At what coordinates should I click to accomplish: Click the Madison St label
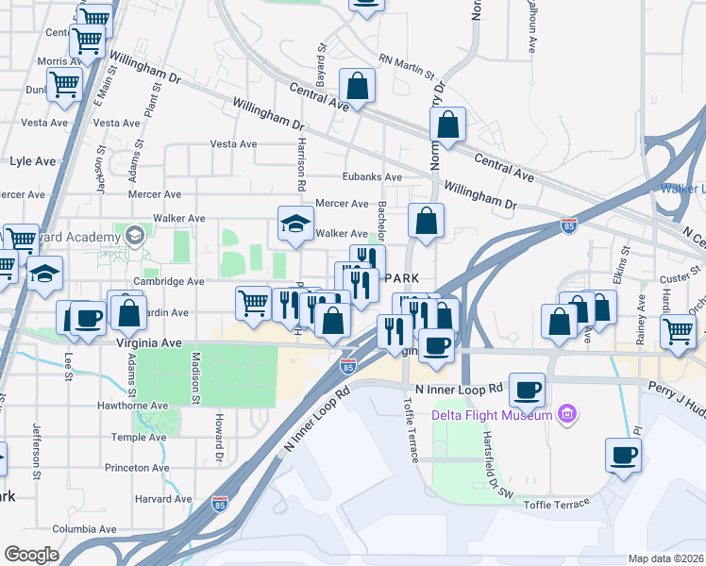pos(196,377)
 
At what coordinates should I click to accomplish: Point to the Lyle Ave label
pos(33,161)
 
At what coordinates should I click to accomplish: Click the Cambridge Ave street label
pos(169,281)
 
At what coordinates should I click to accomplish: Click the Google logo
pos(32,555)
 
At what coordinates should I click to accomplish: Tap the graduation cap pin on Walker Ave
pos(295,225)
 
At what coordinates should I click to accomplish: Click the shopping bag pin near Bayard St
pos(358,87)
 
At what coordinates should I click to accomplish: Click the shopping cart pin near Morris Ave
pos(65,84)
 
